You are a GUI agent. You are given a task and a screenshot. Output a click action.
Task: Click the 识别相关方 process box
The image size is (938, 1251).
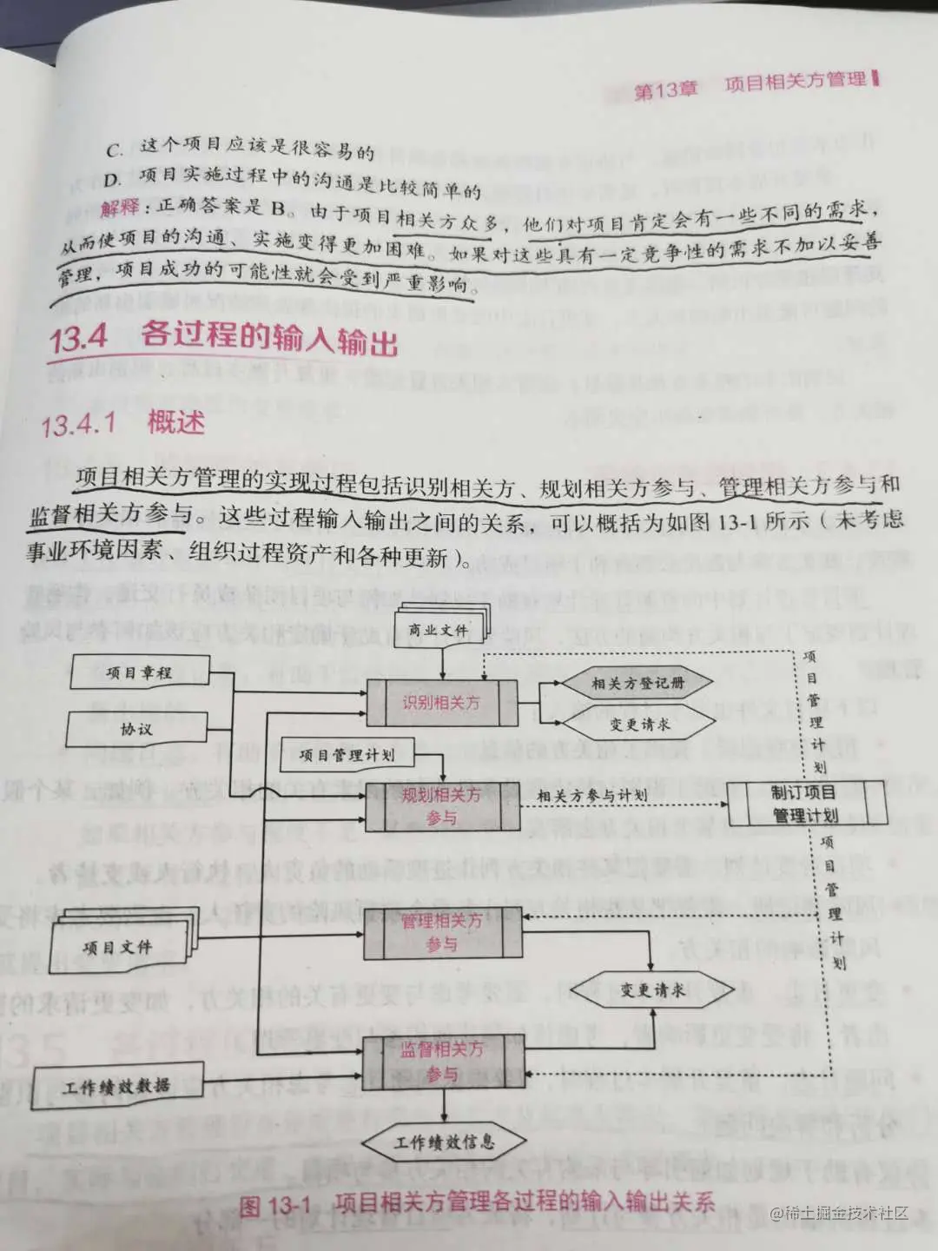click(x=441, y=703)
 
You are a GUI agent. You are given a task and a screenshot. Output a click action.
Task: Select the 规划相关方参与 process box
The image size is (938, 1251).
click(x=441, y=806)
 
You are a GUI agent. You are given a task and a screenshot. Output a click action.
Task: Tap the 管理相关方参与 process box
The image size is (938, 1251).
click(x=441, y=932)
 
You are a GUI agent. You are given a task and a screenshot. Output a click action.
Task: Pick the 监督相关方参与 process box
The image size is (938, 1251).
click(x=441, y=1061)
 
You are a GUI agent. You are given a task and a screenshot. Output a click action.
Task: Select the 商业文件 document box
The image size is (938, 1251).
click(x=439, y=630)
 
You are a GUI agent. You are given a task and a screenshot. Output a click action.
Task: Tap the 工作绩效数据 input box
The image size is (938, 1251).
click(x=116, y=1086)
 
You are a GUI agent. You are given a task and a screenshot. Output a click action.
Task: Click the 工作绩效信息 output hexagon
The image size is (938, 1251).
click(x=445, y=1142)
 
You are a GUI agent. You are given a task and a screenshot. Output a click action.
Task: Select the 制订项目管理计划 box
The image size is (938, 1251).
click(x=805, y=804)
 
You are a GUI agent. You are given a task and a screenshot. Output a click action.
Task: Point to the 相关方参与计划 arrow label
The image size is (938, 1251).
click(x=592, y=795)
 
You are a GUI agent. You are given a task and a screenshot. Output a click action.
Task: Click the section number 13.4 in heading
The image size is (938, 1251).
click(x=78, y=337)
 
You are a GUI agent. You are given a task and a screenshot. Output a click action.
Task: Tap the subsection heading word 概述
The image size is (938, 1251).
click(x=175, y=423)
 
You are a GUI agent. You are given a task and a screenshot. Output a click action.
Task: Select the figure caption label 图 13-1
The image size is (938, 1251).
click(x=274, y=1205)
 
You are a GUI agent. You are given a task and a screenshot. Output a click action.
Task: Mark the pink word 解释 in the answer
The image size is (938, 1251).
click(x=119, y=208)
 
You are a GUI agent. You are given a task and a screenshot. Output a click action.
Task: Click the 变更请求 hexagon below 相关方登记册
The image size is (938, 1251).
click(x=640, y=724)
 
